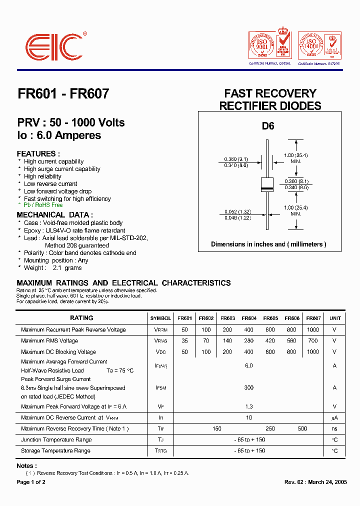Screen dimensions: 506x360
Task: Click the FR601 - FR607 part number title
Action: pyautogui.click(x=63, y=94)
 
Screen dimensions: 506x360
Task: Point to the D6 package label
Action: pyautogui.click(x=268, y=126)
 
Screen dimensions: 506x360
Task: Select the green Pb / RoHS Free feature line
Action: pyautogui.click(x=43, y=205)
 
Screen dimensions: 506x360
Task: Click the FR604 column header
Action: pyautogui.click(x=249, y=318)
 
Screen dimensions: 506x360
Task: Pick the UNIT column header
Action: pyautogui.click(x=335, y=318)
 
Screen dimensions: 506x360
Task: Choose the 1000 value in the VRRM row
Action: pyautogui.click(x=313, y=330)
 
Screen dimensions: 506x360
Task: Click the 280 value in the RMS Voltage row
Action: pyautogui.click(x=249, y=341)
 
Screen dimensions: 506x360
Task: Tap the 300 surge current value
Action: pyautogui.click(x=249, y=387)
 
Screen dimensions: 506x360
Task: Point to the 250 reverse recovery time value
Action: pyautogui.click(x=270, y=428)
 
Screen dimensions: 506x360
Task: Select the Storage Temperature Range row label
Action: pyautogui.click(x=55, y=451)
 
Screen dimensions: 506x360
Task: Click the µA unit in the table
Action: pyautogui.click(x=335, y=417)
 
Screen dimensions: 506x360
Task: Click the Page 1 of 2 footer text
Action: pyautogui.click(x=31, y=482)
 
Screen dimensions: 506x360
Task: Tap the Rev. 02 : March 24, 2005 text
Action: pyautogui.click(x=315, y=482)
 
